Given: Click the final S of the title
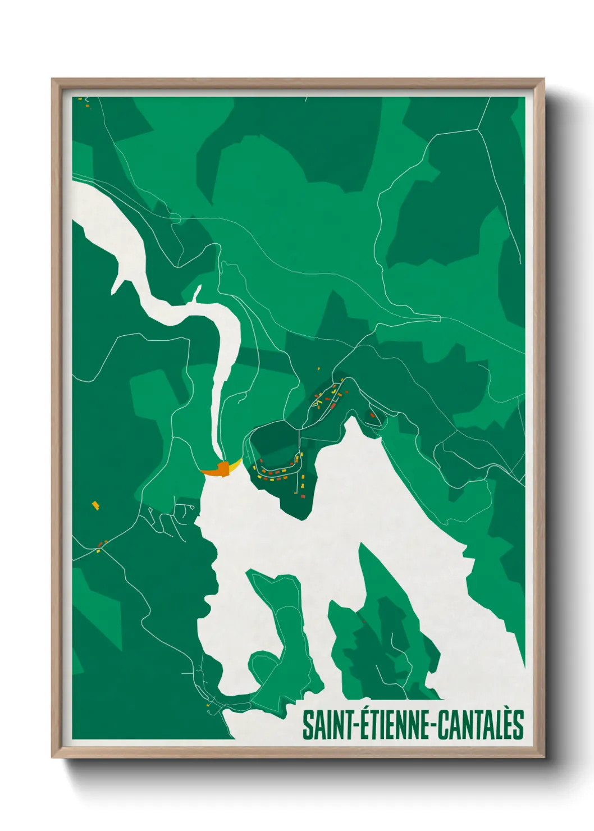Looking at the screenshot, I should coord(518,725).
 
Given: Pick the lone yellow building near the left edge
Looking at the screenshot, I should coord(95,505).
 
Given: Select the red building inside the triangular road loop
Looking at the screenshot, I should coord(372,415).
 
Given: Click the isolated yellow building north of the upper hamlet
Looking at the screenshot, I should coord(319,369).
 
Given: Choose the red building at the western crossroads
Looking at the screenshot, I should coord(101,544).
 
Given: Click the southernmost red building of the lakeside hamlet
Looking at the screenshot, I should coord(301,496).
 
